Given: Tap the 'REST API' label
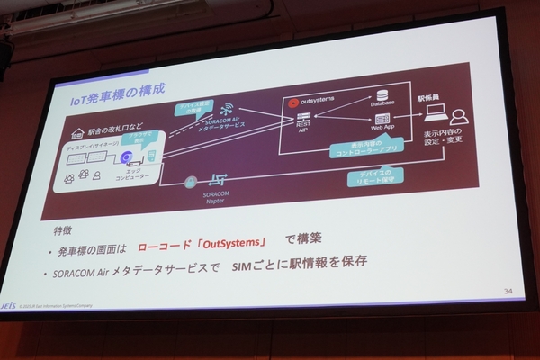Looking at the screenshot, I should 304,125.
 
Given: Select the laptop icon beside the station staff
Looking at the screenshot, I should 436,112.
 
